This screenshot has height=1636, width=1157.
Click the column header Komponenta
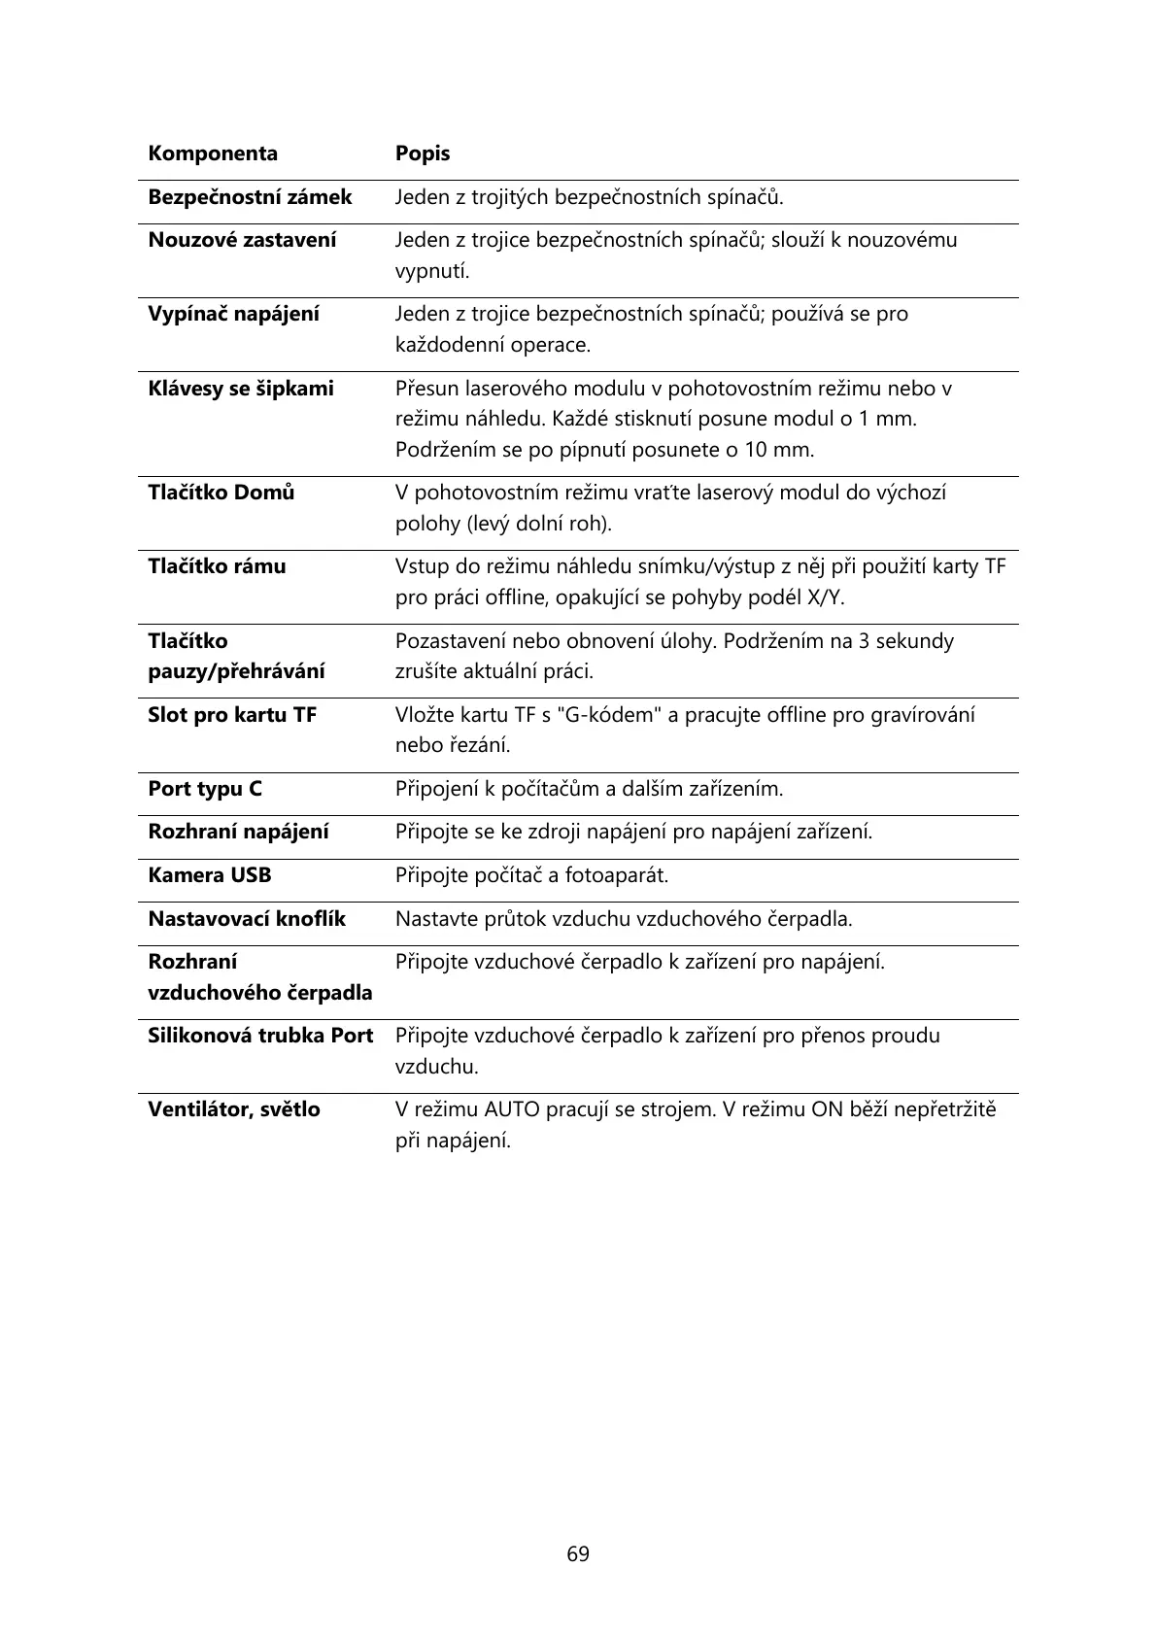212,153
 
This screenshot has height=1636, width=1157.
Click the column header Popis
422,153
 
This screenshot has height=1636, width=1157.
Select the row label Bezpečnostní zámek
250,197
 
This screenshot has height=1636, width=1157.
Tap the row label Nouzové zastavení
242,240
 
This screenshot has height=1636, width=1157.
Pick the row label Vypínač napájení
233,314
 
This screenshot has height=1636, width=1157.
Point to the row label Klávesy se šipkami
240,389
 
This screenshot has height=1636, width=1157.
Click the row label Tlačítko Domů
221,493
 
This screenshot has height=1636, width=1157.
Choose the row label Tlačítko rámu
217,566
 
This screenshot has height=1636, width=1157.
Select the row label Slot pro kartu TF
232,715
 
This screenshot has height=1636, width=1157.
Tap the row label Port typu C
204,789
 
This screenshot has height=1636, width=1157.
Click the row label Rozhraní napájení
238,832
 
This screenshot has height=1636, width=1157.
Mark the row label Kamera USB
209,875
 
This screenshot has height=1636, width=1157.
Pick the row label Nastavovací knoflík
246,919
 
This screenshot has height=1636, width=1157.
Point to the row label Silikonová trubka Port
259,1036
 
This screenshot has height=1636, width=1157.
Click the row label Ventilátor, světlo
233,1109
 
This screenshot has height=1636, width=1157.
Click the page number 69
578,1554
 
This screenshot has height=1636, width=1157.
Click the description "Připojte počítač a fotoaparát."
531,875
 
